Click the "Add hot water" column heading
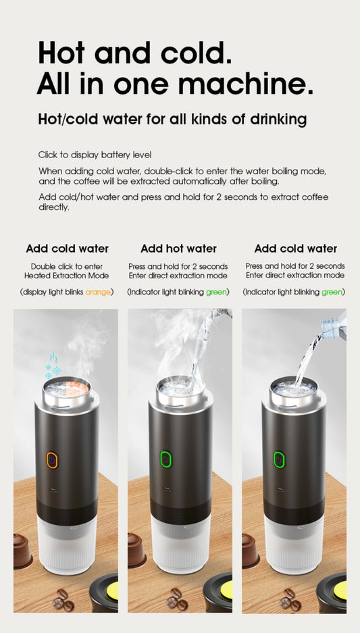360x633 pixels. pyautogui.click(x=178, y=249)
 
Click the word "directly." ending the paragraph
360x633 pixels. pyautogui.click(x=54, y=207)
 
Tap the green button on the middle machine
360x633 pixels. pyautogui.click(x=164, y=460)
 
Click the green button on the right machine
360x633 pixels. pyautogui.click(x=278, y=460)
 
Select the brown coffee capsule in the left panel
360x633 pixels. pyautogui.click(x=22, y=551)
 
